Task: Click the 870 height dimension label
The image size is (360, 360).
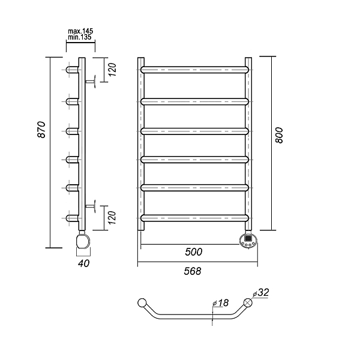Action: [x=41, y=130]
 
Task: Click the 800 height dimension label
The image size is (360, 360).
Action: [x=279, y=136]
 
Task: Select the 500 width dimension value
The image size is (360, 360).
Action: [x=194, y=252]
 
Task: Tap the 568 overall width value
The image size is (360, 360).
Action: [x=193, y=271]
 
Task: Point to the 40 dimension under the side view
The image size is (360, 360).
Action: [x=83, y=263]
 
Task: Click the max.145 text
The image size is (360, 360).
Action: [x=80, y=31]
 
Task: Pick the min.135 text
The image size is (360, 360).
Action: [x=80, y=37]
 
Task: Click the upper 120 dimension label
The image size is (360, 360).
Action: [x=112, y=70]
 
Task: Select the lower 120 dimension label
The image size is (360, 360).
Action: [x=112, y=218]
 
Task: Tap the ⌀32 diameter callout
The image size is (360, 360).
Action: [x=261, y=293]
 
